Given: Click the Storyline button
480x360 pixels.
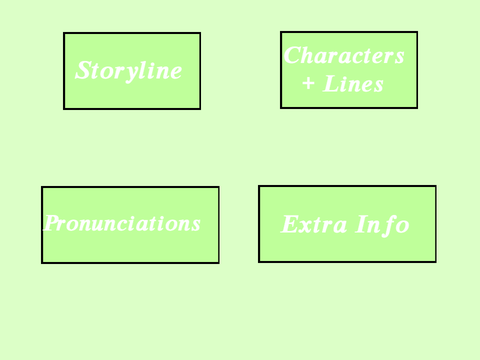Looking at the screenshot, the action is pos(132,71).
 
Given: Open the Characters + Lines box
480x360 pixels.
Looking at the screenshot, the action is pos(349,70).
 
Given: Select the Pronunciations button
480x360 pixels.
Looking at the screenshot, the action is pos(130,225).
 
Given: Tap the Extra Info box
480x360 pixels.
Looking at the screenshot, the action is pos(347,224).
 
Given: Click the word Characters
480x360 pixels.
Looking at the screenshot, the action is pos(344,55).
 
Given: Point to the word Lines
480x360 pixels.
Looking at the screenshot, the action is pos(353,84).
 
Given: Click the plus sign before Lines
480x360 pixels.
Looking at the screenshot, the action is pos(308,84).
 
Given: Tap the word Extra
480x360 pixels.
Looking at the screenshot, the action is pos(314,224).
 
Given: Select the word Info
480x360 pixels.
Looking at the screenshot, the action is pos(382,225).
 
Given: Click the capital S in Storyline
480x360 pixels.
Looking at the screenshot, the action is pos(84,70).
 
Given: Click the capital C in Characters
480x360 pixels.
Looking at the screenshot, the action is pos(293,55).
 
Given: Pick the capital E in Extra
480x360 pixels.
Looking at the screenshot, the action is pos(290,224).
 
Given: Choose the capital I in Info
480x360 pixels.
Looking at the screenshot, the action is pos(361,224).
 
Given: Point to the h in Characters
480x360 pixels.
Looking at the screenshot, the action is pos(310,55).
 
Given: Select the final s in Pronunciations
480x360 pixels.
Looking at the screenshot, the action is pos(196,225).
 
